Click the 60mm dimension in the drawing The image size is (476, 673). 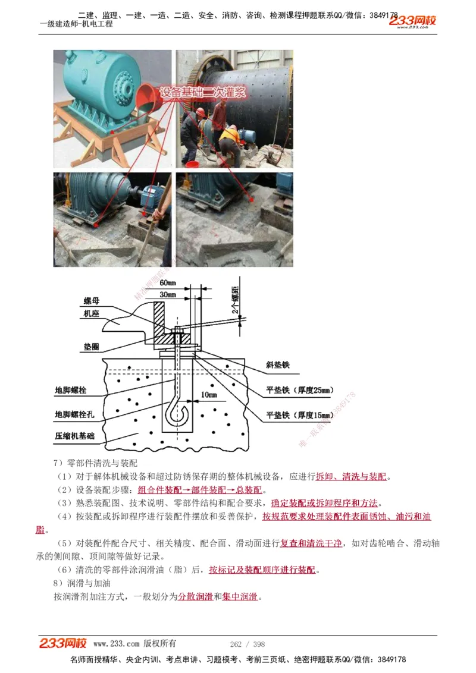(168, 282)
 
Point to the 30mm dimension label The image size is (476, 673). (168, 294)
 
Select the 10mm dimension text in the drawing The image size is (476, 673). (208, 394)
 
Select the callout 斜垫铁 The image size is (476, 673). (277, 366)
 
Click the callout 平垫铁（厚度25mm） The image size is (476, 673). (299, 390)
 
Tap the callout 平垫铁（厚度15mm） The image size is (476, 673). (299, 414)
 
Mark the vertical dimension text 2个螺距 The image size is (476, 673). (236, 300)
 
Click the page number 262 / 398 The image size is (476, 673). (247, 644)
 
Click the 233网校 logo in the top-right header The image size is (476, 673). (413, 21)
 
